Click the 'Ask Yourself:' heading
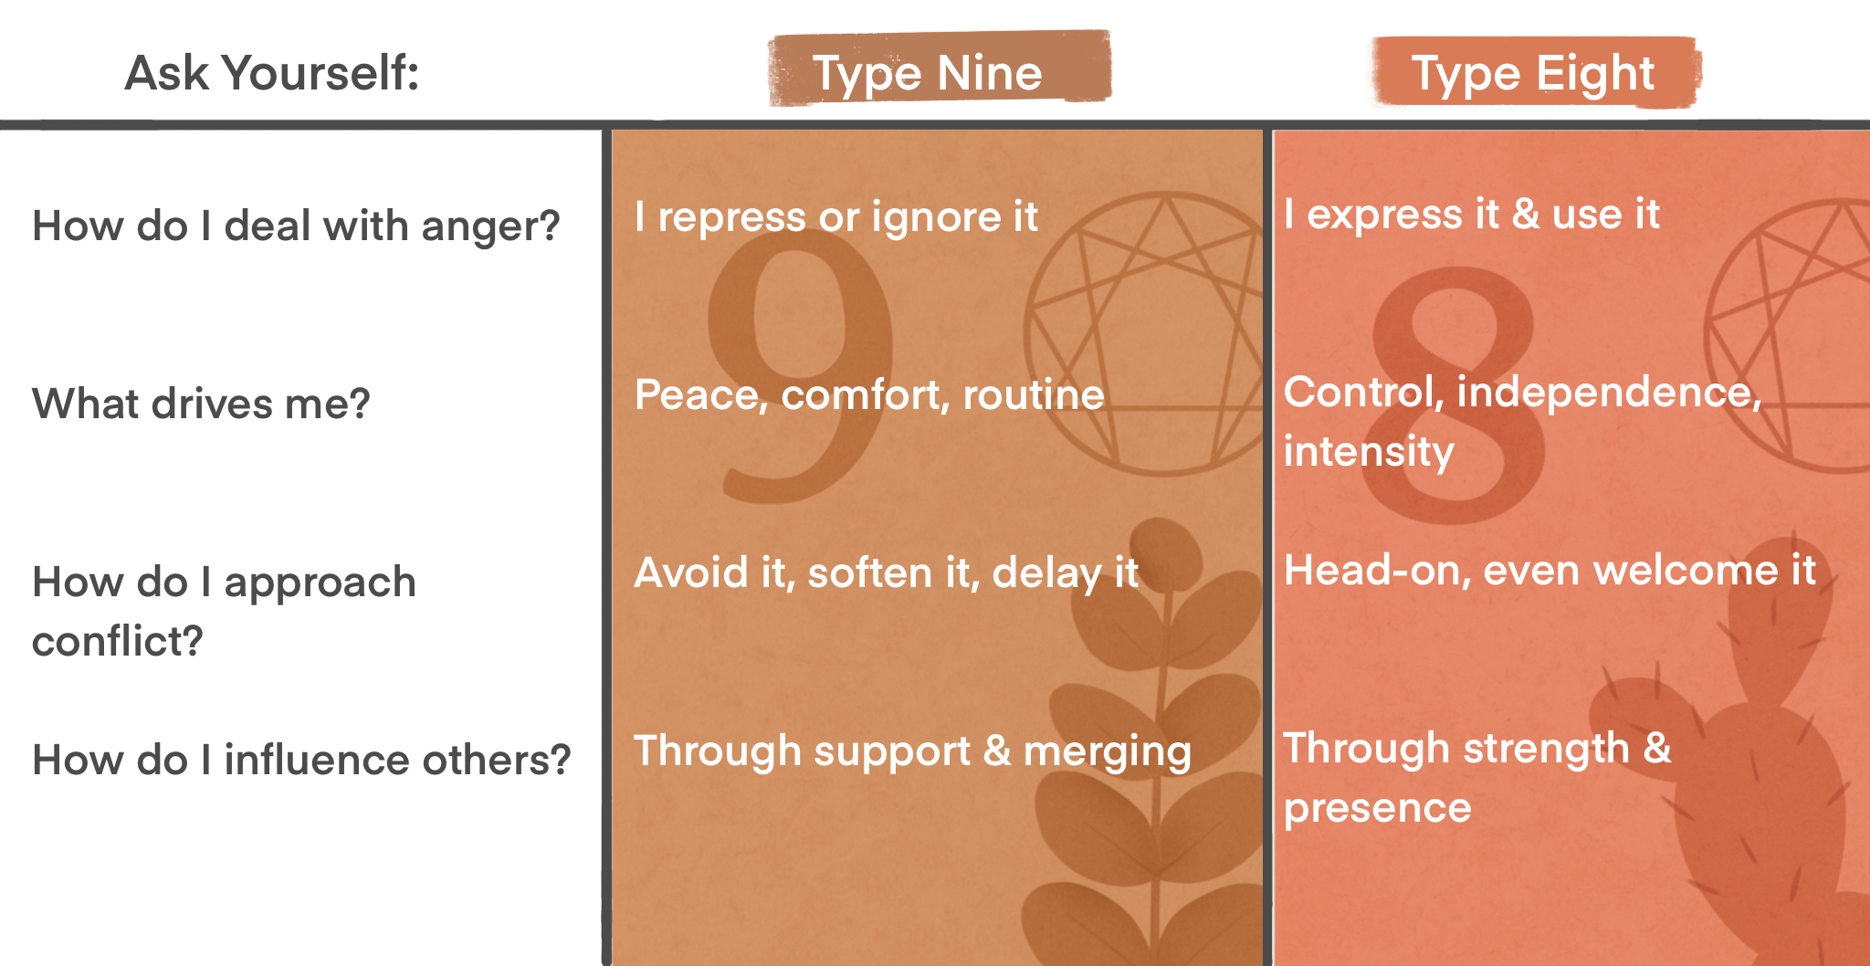point(271,73)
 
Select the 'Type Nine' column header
point(927,73)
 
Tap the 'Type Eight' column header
point(1533,73)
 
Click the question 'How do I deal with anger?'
point(296,226)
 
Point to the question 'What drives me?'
point(201,404)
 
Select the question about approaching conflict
point(224,611)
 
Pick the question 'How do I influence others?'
point(301,760)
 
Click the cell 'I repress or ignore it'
point(836,217)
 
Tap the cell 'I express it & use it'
point(1471,215)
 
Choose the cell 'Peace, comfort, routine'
point(869,394)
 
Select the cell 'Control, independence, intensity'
point(1522,421)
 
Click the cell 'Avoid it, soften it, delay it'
point(886,573)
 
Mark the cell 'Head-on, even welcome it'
point(1550,571)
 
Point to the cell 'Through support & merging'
point(912,751)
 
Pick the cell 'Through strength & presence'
point(1476,778)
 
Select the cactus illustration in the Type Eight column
point(1753,776)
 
